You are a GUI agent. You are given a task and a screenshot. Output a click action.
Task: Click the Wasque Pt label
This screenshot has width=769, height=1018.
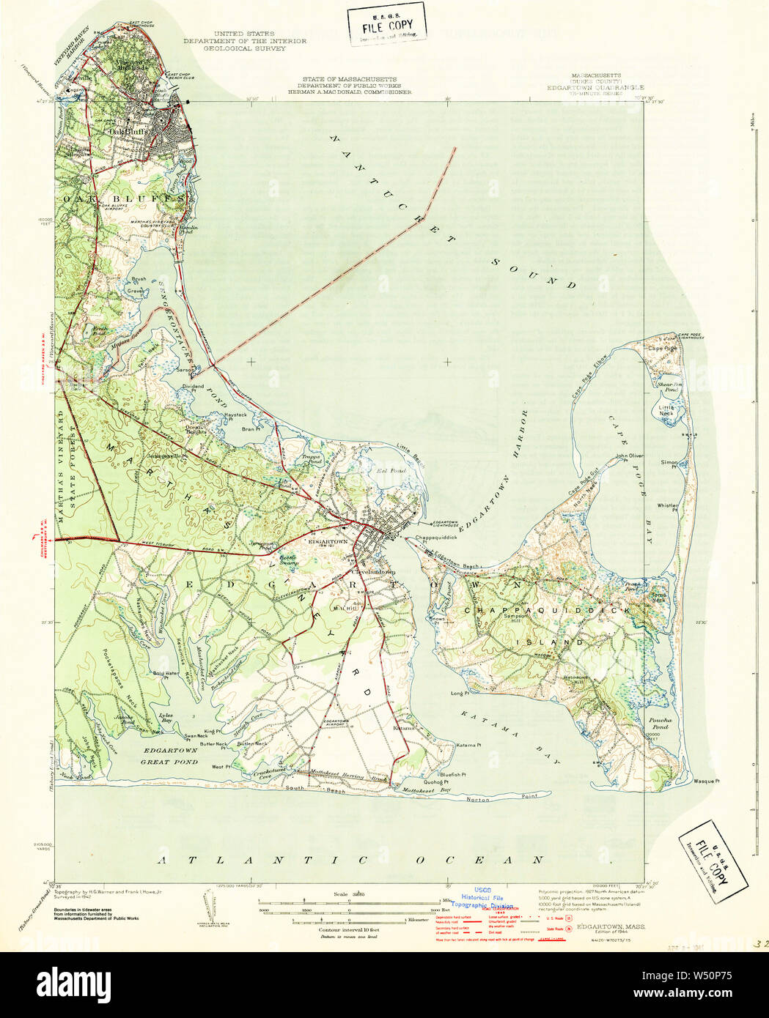(x=707, y=781)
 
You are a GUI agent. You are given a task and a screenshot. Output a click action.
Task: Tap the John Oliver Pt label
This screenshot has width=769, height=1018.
(x=630, y=456)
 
